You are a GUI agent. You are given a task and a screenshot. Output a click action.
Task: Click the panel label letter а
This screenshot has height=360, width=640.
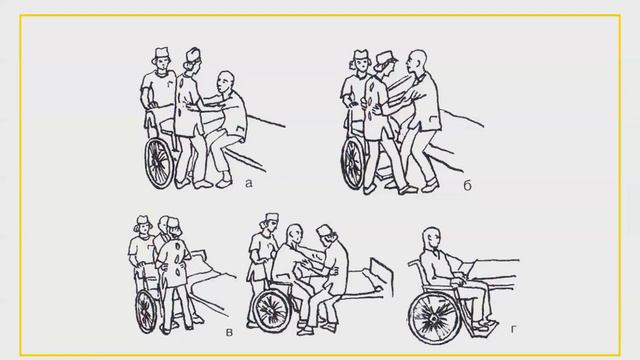pos(249,184)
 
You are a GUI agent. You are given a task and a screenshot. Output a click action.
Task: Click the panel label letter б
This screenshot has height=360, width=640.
pos(467,185)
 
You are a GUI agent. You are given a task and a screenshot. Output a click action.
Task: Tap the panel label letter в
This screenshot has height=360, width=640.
pos(229,332)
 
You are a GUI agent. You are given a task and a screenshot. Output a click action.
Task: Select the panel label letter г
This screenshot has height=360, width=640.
pos(513,329)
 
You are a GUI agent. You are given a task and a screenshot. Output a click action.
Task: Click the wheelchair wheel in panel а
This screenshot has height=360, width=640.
pos(159,163)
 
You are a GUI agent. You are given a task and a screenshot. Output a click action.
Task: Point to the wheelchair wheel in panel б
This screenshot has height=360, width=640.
pos(353,163)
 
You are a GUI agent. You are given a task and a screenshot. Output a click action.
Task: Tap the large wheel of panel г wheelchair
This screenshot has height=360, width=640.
pos(435,317)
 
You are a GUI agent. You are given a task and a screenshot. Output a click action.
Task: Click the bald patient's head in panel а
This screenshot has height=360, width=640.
pos(225,82)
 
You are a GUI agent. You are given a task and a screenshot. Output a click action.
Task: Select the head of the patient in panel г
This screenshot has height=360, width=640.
pos(433,238)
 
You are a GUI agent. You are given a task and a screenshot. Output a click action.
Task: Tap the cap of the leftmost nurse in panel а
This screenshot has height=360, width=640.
pos(162,53)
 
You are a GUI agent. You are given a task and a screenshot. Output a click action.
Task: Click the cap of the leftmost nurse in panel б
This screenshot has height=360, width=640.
pos(361,55)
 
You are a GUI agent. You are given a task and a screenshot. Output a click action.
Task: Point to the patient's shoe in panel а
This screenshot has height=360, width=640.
pos(224,181)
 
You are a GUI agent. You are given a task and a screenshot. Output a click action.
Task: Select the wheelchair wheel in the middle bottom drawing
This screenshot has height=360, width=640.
pos(270,311)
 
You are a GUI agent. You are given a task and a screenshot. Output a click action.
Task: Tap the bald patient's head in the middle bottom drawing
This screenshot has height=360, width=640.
pos(294,235)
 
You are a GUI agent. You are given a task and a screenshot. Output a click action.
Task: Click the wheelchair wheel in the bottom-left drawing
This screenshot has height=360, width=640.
pos(146,311)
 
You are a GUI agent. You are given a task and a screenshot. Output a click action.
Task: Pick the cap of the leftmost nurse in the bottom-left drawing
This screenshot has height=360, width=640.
pos(142,220)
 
